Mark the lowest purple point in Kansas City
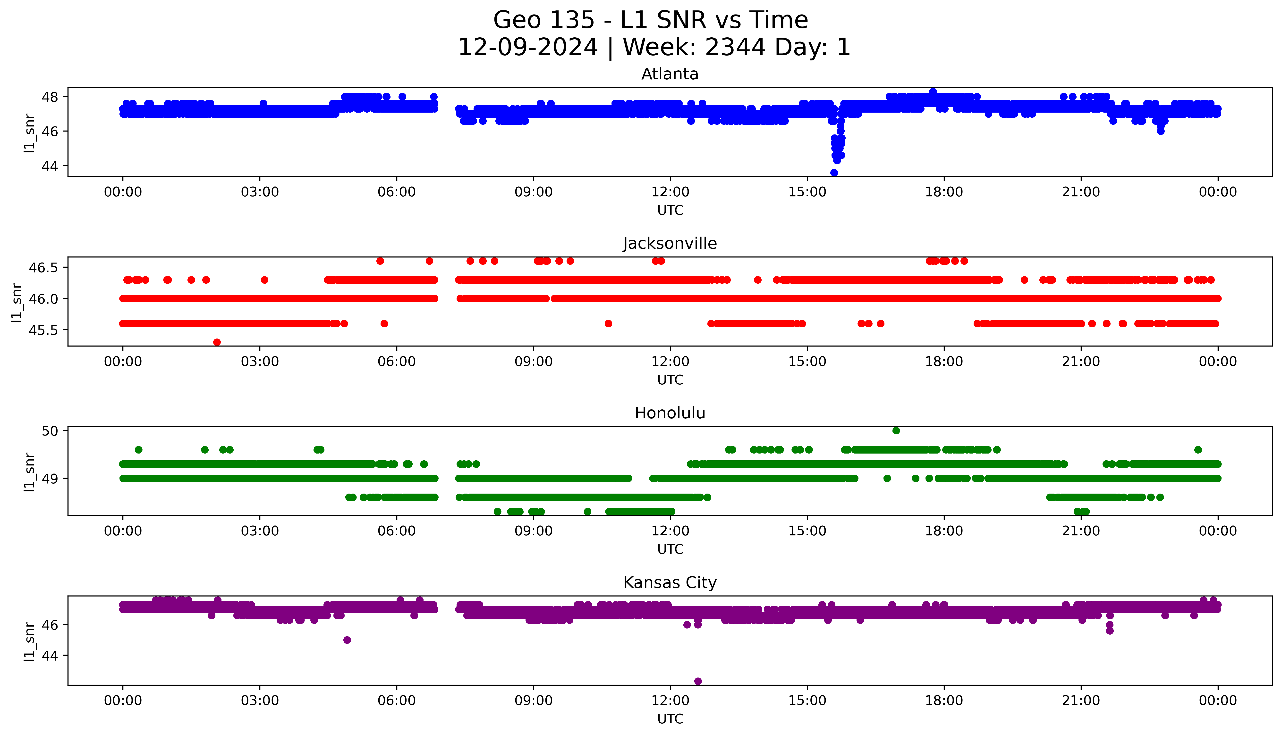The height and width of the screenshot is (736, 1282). [x=698, y=681]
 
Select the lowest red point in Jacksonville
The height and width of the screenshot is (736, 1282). [x=217, y=342]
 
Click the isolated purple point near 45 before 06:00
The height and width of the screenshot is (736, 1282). [x=347, y=640]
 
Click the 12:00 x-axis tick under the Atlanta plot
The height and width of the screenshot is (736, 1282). [x=670, y=192]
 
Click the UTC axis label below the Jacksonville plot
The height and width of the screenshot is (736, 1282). [x=670, y=380]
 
